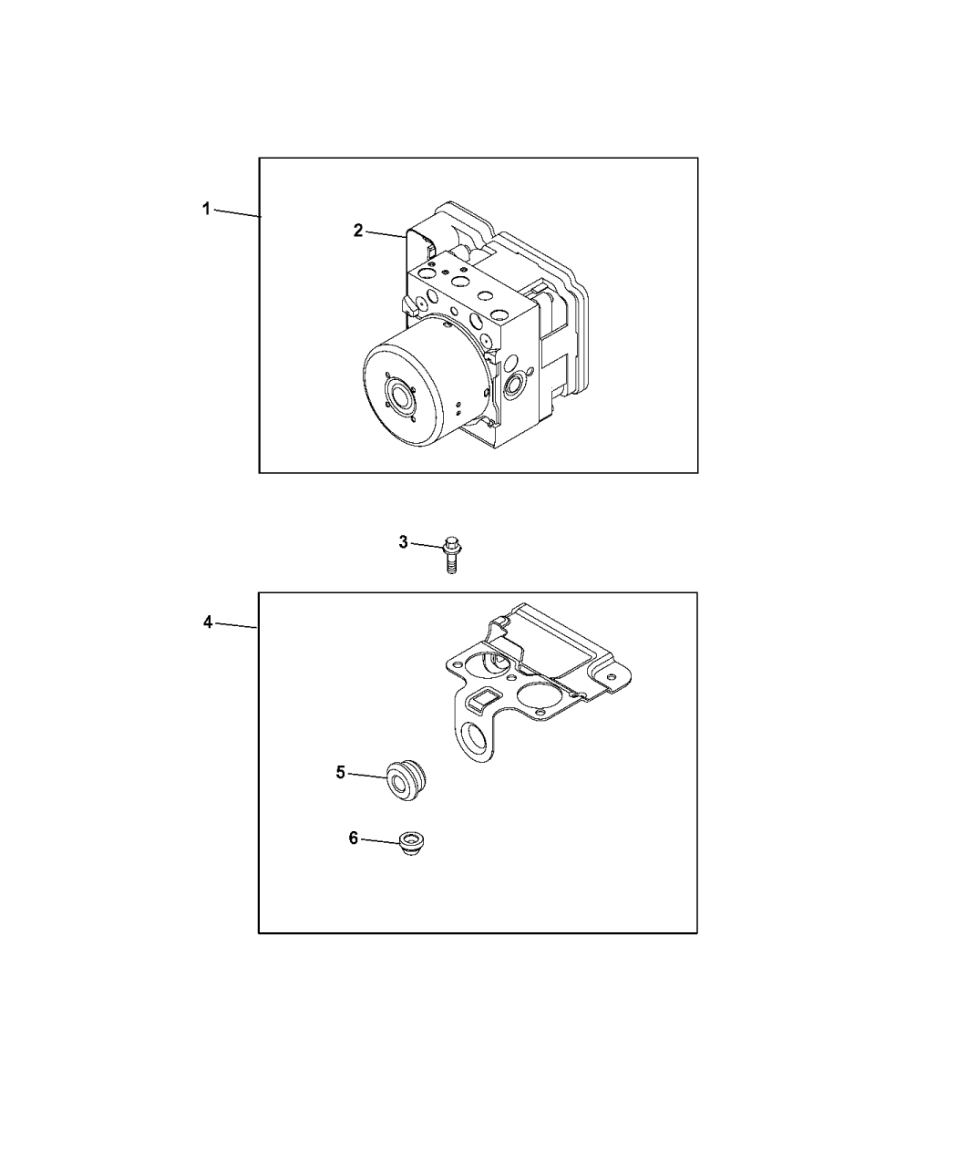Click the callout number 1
point(206,210)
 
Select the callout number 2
point(358,231)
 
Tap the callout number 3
point(404,542)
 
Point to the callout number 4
point(208,622)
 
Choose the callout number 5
point(341,773)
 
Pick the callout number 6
point(354,853)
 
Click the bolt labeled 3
point(451,554)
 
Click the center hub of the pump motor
point(400,396)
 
